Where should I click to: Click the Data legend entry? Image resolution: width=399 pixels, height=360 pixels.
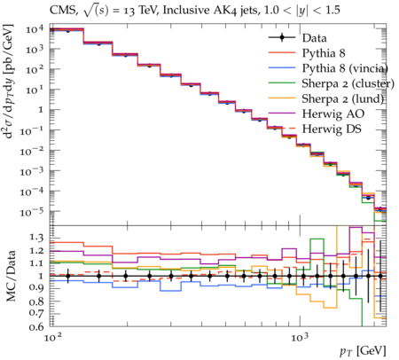coord(314,38)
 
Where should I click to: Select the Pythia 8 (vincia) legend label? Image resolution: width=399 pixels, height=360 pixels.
coord(345,68)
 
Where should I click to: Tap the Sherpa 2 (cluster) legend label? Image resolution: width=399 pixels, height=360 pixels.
coord(348,83)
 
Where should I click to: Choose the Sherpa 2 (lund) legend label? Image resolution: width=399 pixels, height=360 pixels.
coord(343,98)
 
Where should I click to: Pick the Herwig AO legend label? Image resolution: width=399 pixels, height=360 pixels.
coord(333,114)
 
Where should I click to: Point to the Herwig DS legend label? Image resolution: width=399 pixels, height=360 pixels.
coord(332,129)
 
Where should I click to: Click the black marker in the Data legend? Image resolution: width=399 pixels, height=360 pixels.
coord(282,37)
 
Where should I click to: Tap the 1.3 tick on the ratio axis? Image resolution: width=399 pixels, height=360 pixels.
coord(36,238)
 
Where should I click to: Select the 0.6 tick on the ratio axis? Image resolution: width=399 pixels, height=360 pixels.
coord(36,326)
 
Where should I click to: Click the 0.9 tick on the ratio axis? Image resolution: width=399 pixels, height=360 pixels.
coord(36,288)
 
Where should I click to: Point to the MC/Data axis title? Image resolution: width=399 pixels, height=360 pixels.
coord(11,276)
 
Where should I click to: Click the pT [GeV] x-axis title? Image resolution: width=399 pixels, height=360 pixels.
coord(363,351)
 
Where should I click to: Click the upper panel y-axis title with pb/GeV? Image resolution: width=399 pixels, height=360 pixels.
coord(9,82)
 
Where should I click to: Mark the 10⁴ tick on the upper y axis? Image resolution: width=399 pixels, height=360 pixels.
coord(35,30)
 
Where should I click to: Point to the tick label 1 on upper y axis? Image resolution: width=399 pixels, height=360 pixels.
coord(40,110)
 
